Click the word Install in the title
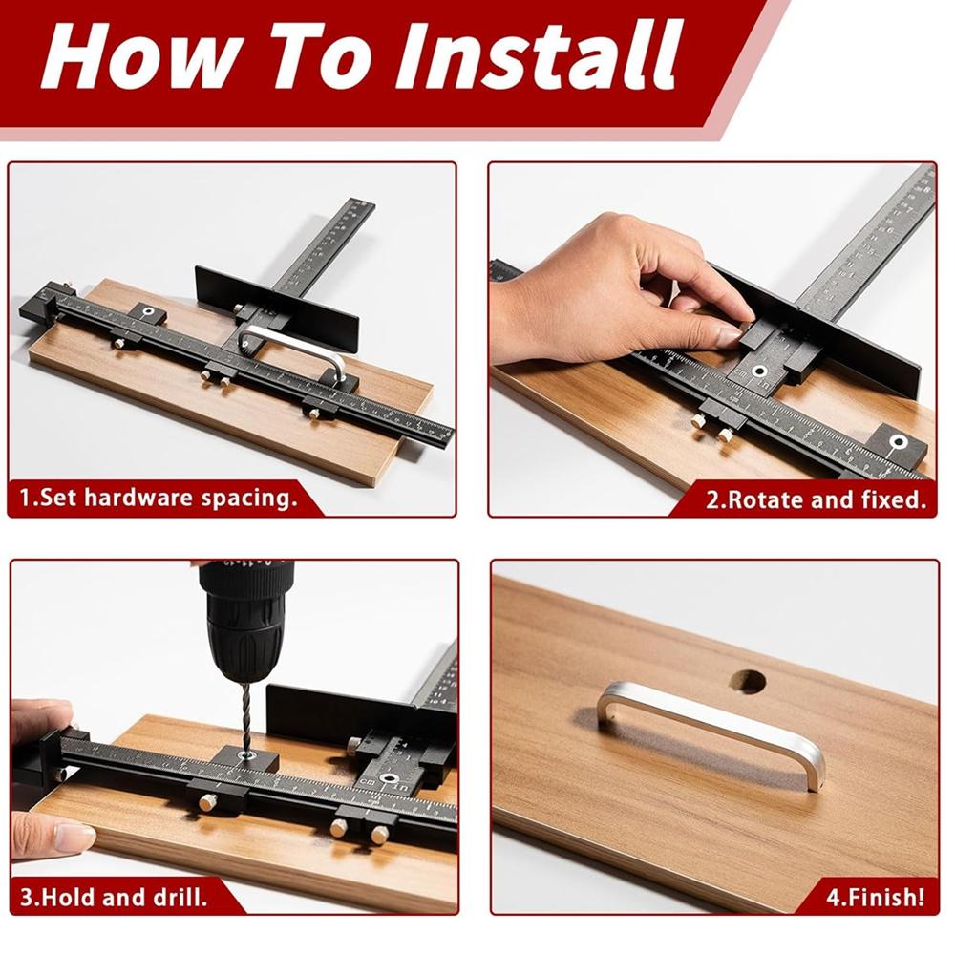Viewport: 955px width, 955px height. [539, 56]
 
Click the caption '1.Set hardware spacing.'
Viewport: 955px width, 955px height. [159, 498]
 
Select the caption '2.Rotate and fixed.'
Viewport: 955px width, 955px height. [816, 499]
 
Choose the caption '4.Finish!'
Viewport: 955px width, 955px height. [875, 897]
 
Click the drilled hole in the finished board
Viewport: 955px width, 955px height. [748, 682]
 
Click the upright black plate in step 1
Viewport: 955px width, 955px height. [277, 308]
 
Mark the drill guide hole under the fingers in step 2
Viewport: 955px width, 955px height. [759, 371]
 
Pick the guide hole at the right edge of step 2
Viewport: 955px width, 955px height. [897, 442]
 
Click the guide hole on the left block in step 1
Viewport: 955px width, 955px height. [148, 313]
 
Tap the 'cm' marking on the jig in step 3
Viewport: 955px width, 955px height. [368, 781]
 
